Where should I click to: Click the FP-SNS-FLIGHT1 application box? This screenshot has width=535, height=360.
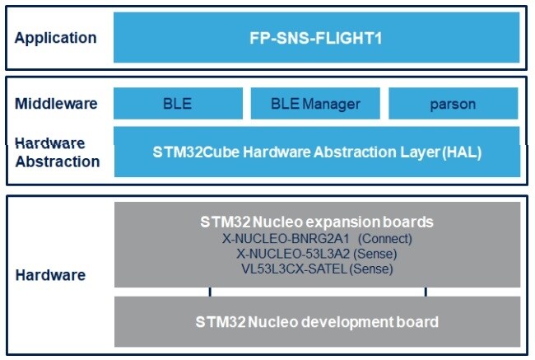[x=317, y=38]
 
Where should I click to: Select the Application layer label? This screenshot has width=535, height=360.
[x=55, y=38]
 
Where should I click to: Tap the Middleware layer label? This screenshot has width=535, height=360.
[x=56, y=104]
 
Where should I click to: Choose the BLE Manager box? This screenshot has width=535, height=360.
[x=316, y=104]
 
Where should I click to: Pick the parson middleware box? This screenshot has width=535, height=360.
[x=453, y=105]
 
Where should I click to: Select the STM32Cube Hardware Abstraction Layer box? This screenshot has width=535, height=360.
[x=317, y=152]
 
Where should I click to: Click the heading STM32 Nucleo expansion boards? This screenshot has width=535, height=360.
[x=317, y=222]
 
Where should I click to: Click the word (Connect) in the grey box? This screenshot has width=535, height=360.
[x=384, y=239]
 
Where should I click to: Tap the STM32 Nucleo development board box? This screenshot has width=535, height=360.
[x=317, y=321]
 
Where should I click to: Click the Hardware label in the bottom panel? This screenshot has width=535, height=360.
[x=50, y=275]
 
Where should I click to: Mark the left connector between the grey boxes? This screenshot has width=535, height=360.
[x=211, y=292]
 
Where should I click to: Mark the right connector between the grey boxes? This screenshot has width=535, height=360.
[x=426, y=292]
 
